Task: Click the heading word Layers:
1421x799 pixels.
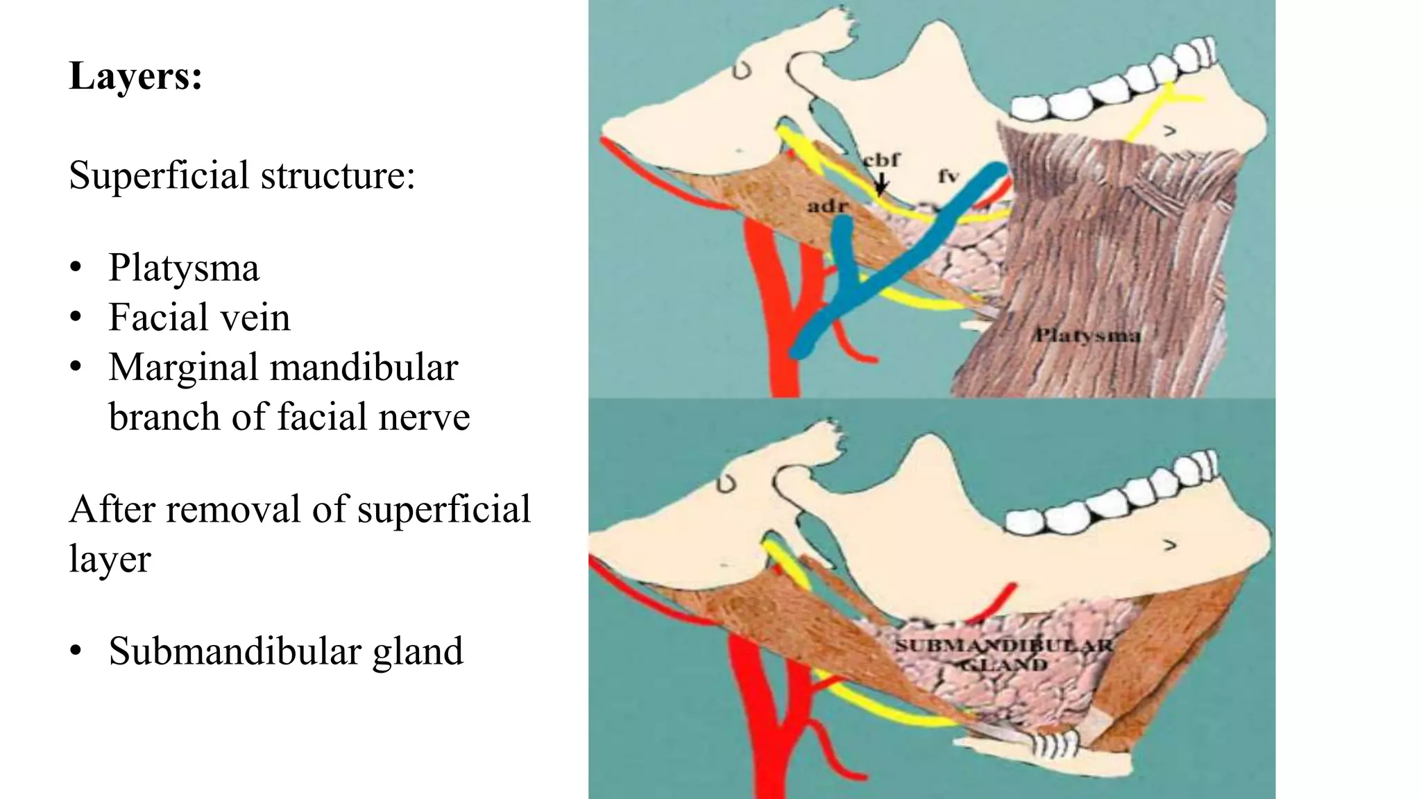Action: (x=136, y=76)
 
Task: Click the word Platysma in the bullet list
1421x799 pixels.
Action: (x=184, y=268)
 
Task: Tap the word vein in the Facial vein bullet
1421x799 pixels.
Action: (x=253, y=318)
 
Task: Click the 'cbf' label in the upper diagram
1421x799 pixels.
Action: (x=881, y=160)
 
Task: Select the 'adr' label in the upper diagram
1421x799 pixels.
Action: (x=828, y=206)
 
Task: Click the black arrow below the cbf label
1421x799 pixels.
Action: (x=880, y=184)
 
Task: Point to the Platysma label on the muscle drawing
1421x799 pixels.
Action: (x=1087, y=336)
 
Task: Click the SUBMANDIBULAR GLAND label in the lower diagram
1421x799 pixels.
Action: (x=1003, y=654)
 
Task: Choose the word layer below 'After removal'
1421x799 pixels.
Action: (x=110, y=560)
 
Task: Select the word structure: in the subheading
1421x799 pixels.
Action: (x=338, y=175)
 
